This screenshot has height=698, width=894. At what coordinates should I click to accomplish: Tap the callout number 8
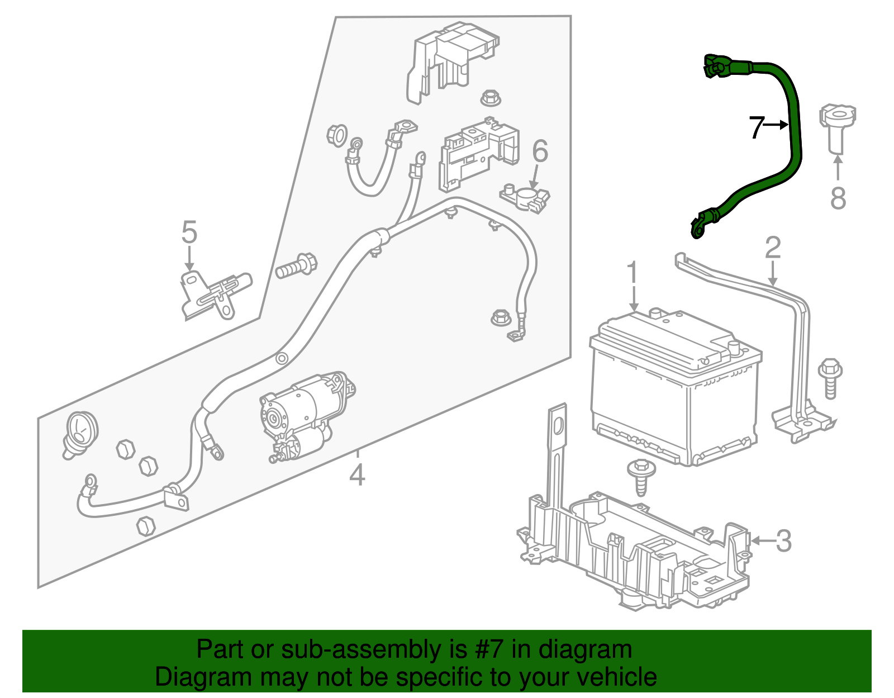point(838,198)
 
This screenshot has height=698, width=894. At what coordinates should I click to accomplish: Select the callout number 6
point(540,150)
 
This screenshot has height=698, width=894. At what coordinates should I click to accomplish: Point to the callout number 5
point(189,231)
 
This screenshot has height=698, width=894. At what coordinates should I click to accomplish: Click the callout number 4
point(356,475)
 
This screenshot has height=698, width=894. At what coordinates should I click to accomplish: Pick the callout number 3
point(783,541)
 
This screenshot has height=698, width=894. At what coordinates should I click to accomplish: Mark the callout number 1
point(633,272)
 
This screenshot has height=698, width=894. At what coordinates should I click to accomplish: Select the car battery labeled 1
point(676,387)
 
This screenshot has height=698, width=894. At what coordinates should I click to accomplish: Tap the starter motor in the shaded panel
point(307,415)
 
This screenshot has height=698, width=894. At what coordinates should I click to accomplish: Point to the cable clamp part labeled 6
point(525,198)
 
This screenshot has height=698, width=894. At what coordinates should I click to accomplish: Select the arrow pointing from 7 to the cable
point(776,125)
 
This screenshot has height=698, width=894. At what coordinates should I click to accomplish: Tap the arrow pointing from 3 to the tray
point(764,541)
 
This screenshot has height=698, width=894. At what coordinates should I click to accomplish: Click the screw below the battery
point(641,477)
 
